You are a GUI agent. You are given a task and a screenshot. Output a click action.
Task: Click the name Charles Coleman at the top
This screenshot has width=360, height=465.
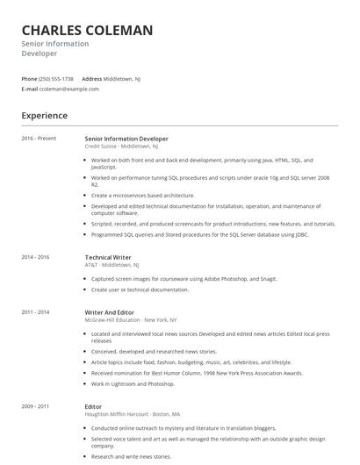[x=87, y=31]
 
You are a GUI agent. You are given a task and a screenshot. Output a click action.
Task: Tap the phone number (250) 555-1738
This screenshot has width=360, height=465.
[x=57, y=78]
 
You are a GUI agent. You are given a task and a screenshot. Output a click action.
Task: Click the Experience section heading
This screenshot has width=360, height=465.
[x=45, y=115]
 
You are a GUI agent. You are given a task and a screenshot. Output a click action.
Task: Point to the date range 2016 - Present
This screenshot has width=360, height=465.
[x=39, y=138]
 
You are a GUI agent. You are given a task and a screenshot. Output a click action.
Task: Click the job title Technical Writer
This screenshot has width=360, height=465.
[x=108, y=257]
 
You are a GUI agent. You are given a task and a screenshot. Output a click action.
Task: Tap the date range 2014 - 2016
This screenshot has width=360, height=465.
[x=36, y=257]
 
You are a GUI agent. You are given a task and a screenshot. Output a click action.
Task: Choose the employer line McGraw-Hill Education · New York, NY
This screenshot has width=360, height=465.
[x=131, y=319]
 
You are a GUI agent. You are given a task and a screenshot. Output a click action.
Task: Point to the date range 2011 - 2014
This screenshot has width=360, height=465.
[x=36, y=311]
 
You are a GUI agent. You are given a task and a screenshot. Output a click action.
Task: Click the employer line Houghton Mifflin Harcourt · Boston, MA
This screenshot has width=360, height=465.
[x=133, y=414]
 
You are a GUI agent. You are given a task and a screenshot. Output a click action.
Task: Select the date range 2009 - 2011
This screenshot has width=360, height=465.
[x=36, y=406]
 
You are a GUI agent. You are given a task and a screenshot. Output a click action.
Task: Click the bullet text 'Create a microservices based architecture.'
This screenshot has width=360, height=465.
[x=143, y=195]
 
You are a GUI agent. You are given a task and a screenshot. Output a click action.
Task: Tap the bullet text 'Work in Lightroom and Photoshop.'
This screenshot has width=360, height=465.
[x=133, y=383]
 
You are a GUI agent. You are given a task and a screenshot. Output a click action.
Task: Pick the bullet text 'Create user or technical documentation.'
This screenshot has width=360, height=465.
[x=140, y=289]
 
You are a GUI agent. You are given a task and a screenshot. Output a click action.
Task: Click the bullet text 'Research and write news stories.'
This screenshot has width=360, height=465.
[x=132, y=456]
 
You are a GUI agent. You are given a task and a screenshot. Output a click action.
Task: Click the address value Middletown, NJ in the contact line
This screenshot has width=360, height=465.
[x=122, y=78]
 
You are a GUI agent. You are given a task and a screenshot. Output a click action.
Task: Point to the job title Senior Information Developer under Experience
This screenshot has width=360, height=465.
[x=126, y=138]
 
